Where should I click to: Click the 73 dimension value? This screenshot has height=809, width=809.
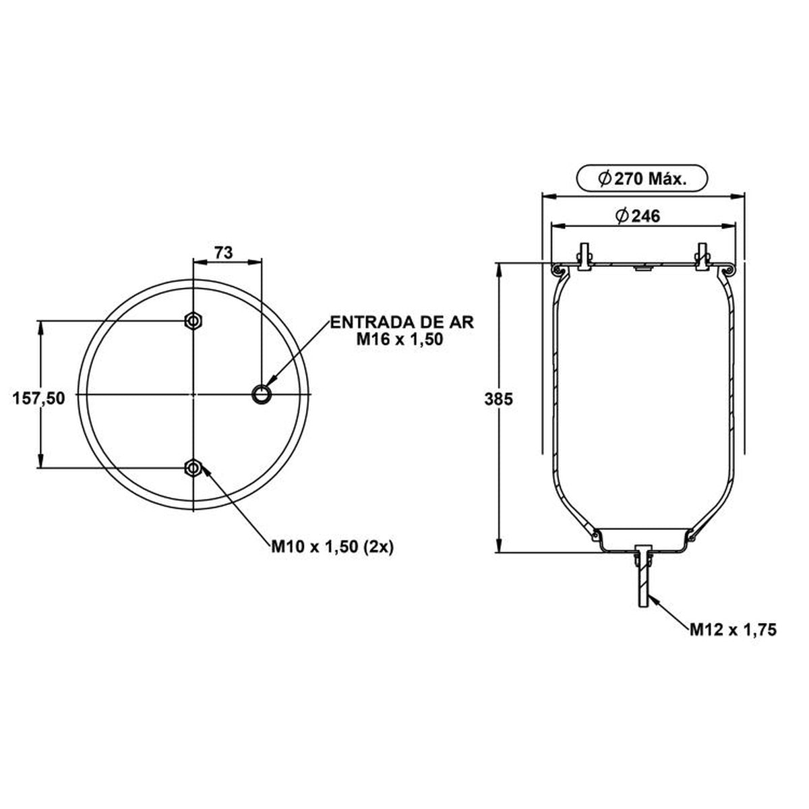click(223, 253)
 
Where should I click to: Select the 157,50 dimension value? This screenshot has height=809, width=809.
click(38, 398)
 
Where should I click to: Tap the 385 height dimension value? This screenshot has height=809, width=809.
click(498, 399)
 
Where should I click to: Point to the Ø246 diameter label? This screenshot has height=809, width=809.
click(638, 216)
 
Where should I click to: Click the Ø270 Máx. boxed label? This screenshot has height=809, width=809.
click(642, 179)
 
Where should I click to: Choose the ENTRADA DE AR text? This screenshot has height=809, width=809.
click(402, 322)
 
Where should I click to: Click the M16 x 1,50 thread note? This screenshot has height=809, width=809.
click(400, 339)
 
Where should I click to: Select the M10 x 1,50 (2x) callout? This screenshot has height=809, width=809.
click(332, 547)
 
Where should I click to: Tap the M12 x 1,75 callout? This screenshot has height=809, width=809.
click(733, 642)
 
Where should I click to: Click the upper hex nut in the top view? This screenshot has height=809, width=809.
click(193, 322)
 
